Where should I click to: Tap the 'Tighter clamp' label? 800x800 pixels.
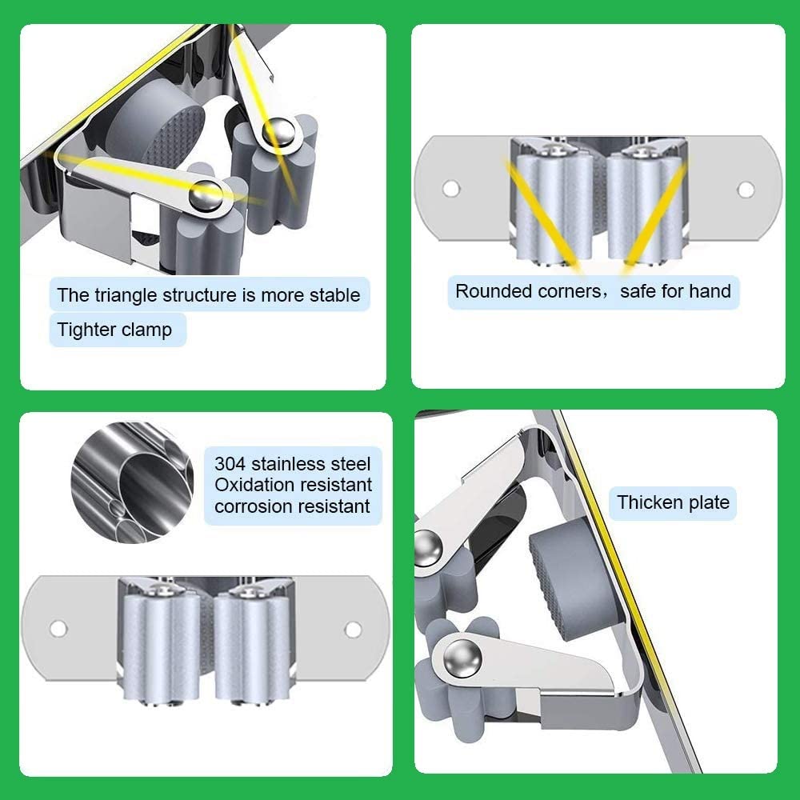point(114,330)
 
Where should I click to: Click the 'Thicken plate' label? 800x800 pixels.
point(673,502)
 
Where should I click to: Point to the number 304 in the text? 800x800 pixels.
point(230,464)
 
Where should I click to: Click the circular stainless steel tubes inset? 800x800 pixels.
point(132,482)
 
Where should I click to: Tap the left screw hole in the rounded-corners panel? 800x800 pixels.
point(451,188)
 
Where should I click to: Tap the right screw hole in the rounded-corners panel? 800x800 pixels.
point(746,190)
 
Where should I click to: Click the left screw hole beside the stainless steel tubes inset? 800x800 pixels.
point(58,629)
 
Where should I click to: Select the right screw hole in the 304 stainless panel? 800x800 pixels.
point(353,630)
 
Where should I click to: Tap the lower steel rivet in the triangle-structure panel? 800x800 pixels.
point(206,195)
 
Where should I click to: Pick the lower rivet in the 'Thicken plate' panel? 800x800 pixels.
point(462,658)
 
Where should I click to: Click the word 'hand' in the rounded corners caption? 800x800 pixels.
point(710,291)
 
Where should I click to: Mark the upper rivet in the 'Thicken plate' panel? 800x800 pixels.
point(427,549)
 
